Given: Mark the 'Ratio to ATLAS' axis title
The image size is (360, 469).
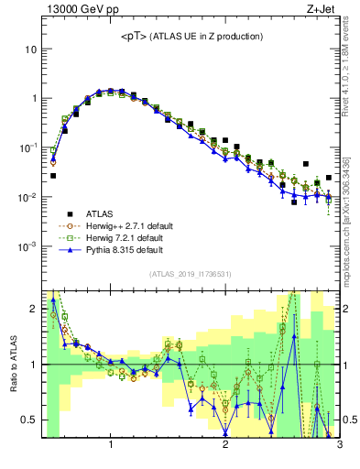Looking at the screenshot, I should point(13,364).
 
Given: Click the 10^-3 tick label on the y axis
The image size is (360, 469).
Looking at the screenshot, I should point(28,247).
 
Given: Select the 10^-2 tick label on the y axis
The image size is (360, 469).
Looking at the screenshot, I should point(28,198).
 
